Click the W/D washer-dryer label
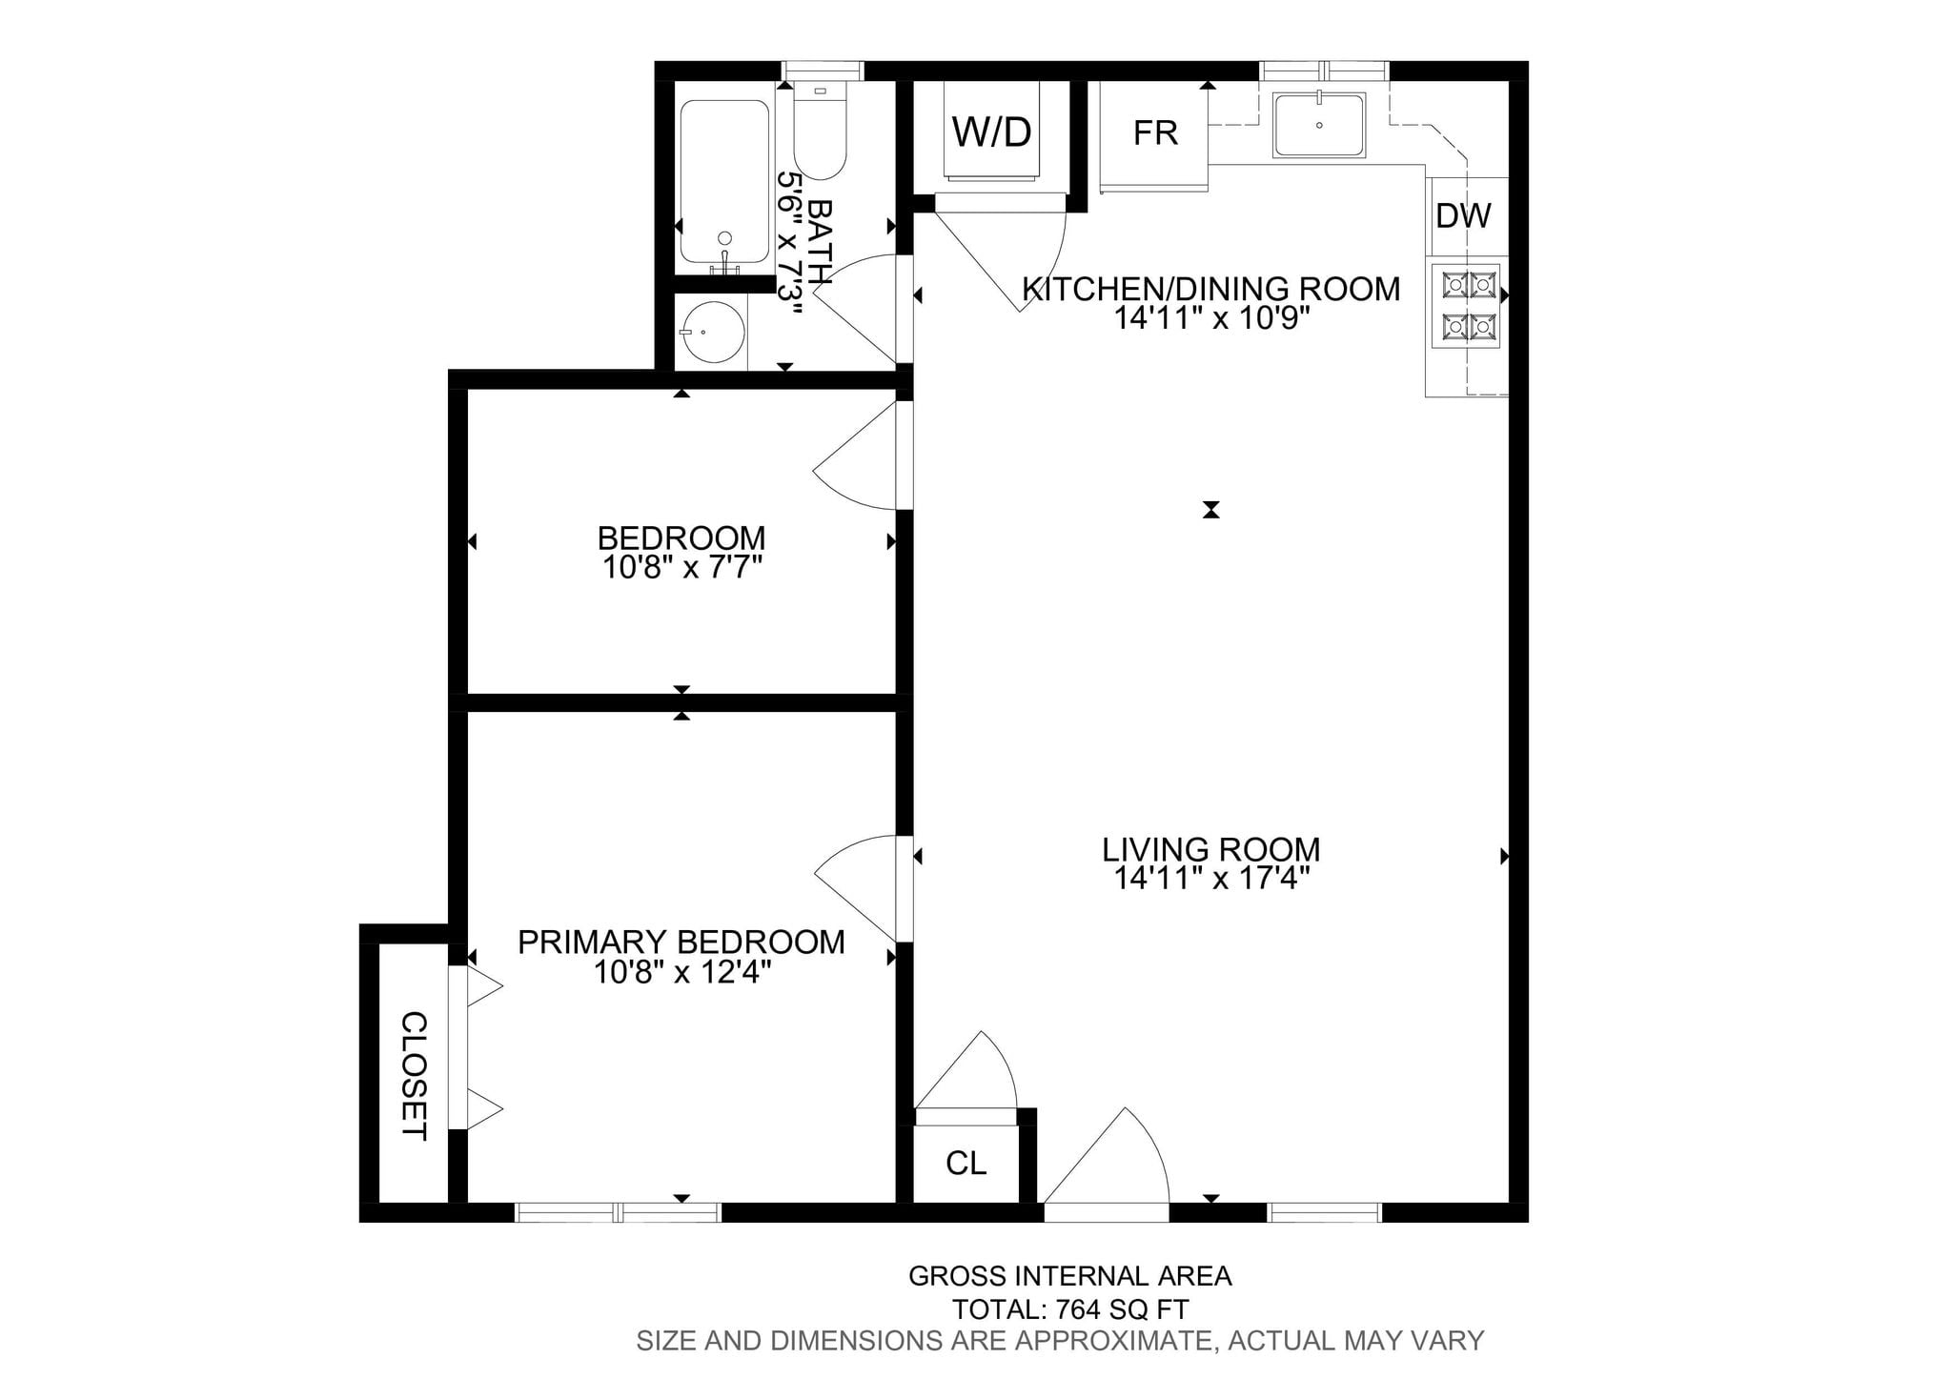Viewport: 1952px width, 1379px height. [x=991, y=132]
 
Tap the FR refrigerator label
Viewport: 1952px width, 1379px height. [x=1155, y=132]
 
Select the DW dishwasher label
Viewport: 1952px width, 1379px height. [x=1463, y=216]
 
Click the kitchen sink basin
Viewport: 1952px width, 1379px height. [x=1320, y=125]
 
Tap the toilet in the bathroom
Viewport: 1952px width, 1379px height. [x=820, y=131]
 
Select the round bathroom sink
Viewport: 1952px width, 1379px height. [x=714, y=333]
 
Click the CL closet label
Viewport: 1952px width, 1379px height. [x=966, y=1163]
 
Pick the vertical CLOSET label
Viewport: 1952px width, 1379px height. [x=414, y=1076]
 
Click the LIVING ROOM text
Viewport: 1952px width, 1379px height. [x=1210, y=849]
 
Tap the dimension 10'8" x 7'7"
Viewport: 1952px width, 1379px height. [x=681, y=568]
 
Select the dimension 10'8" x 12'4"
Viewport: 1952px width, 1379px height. [x=681, y=972]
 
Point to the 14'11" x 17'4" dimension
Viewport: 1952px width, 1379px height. [x=1210, y=878]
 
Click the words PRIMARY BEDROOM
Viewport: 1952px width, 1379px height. [x=681, y=942]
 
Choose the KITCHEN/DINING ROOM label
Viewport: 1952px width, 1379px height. [x=1210, y=288]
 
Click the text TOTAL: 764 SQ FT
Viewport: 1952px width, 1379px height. [x=1070, y=1309]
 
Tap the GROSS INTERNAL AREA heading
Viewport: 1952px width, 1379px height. [x=1070, y=1276]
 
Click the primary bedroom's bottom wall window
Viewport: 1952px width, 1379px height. [x=618, y=1212]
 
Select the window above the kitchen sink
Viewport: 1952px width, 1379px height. [x=1324, y=71]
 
